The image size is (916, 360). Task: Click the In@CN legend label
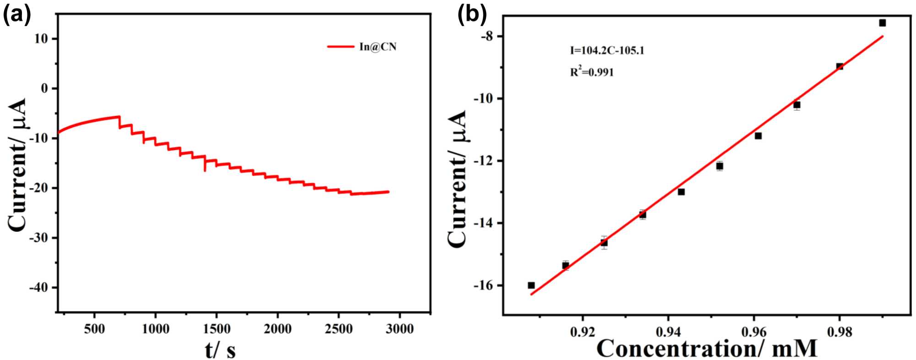click(x=378, y=47)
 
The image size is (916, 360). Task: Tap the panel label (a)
click(x=17, y=15)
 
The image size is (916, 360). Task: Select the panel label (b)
click(x=472, y=15)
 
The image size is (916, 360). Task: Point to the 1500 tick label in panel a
click(x=216, y=329)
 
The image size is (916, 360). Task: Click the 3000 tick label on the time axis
click(x=399, y=329)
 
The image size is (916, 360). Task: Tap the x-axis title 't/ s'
click(x=220, y=350)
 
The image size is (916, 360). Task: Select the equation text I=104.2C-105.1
click(x=607, y=50)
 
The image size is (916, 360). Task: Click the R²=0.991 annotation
click(x=592, y=72)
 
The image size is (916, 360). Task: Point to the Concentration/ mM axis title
click(x=707, y=349)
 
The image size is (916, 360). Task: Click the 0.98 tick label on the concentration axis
click(x=840, y=332)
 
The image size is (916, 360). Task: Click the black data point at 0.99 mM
click(x=882, y=23)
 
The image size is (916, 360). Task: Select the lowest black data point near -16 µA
click(x=531, y=285)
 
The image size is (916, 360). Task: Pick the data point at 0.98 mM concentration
click(x=840, y=66)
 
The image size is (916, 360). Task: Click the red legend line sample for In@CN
click(x=341, y=47)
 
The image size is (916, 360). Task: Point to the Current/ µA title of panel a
click(x=17, y=165)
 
